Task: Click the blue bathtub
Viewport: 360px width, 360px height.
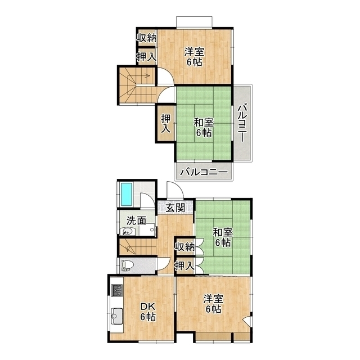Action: point(126,194)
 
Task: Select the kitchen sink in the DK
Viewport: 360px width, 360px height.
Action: point(117,316)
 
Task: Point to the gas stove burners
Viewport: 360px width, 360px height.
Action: point(117,290)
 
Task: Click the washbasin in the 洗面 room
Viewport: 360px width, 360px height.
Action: point(127,231)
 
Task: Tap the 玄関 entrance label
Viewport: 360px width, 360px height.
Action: point(175,208)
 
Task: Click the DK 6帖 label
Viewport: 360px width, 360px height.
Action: point(148,312)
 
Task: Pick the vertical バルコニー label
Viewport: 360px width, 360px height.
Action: point(242,123)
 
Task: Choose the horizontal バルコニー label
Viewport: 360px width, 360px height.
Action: point(204,172)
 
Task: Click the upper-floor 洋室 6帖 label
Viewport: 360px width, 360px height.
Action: point(195,57)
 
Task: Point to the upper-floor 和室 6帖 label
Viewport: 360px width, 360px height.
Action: point(204,127)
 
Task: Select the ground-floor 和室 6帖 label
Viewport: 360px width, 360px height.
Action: point(223,237)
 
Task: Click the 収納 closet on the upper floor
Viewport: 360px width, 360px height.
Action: point(147,38)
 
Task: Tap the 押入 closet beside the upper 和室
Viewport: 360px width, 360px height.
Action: point(165,124)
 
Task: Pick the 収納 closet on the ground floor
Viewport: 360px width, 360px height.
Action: point(185,247)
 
